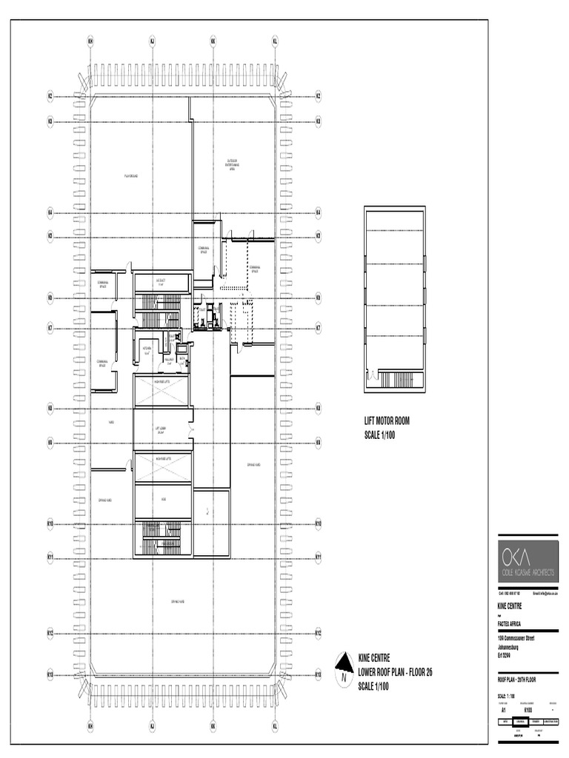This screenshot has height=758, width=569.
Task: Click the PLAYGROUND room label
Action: pyautogui.click(x=131, y=175)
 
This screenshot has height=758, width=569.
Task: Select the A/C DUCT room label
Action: pyautogui.click(x=160, y=282)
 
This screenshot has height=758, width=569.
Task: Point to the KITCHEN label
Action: pyautogui.click(x=147, y=349)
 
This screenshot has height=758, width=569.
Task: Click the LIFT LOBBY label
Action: pyautogui.click(x=160, y=429)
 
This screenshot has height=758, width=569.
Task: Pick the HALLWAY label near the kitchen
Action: pyautogui.click(x=168, y=360)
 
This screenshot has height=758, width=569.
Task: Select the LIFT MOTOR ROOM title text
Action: pyautogui.click(x=387, y=421)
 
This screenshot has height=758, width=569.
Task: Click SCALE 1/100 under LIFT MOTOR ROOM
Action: pyautogui.click(x=381, y=435)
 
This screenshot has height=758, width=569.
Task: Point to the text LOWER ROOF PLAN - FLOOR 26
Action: pyautogui.click(x=395, y=672)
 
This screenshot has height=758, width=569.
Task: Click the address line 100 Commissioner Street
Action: pyautogui.click(x=516, y=638)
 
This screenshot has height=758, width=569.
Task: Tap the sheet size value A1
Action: pyautogui.click(x=504, y=709)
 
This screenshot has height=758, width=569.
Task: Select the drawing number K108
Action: pyautogui.click(x=528, y=709)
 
